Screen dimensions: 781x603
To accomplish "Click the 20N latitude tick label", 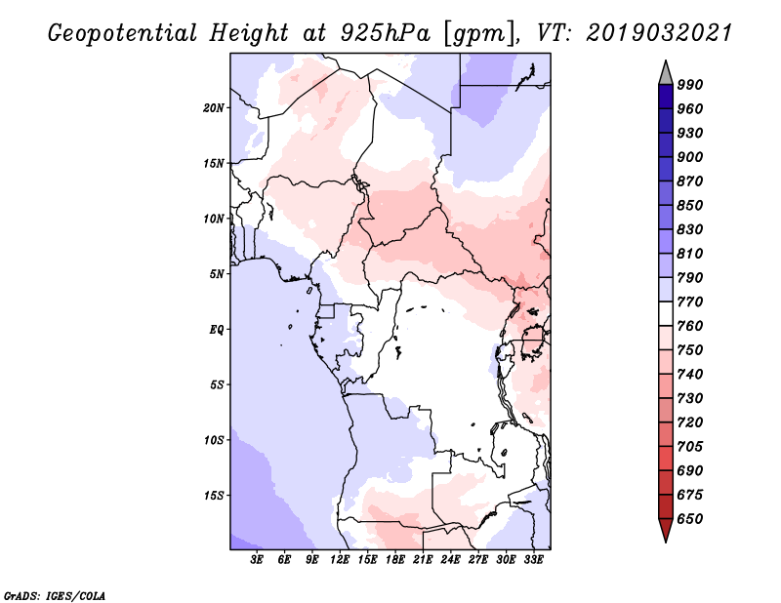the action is tap(214, 107).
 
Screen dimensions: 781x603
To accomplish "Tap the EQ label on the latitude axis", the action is tap(217, 329).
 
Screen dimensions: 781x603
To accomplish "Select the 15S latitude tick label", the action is tap(214, 495).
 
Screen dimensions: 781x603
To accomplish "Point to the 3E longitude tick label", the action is tap(257, 559).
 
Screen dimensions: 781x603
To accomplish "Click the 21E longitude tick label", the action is tap(423, 559).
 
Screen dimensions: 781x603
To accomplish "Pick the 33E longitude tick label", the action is tap(533, 559).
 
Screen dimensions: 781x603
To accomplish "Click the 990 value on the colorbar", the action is tap(690, 84).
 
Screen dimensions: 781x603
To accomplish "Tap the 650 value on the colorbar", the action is tap(690, 518).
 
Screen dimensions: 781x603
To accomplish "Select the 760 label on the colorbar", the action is tap(690, 326).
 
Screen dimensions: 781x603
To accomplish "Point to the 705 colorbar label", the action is tap(690, 446).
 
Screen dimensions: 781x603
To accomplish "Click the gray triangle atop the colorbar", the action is tap(666, 73).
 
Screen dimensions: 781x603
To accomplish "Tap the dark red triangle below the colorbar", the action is tap(666, 530).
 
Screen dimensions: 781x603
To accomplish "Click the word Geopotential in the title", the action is tap(123, 33).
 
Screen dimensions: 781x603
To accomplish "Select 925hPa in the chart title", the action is tap(386, 33).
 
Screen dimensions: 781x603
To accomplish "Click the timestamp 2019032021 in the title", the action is tap(659, 32).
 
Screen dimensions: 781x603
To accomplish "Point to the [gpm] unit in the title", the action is tap(479, 34).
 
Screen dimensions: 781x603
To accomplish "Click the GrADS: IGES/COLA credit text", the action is tap(55, 595).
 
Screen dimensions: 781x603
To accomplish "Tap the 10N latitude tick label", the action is tap(214, 219).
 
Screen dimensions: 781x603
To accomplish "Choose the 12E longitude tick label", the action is tap(340, 559).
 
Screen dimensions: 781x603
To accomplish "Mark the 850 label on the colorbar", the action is tap(690, 205).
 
